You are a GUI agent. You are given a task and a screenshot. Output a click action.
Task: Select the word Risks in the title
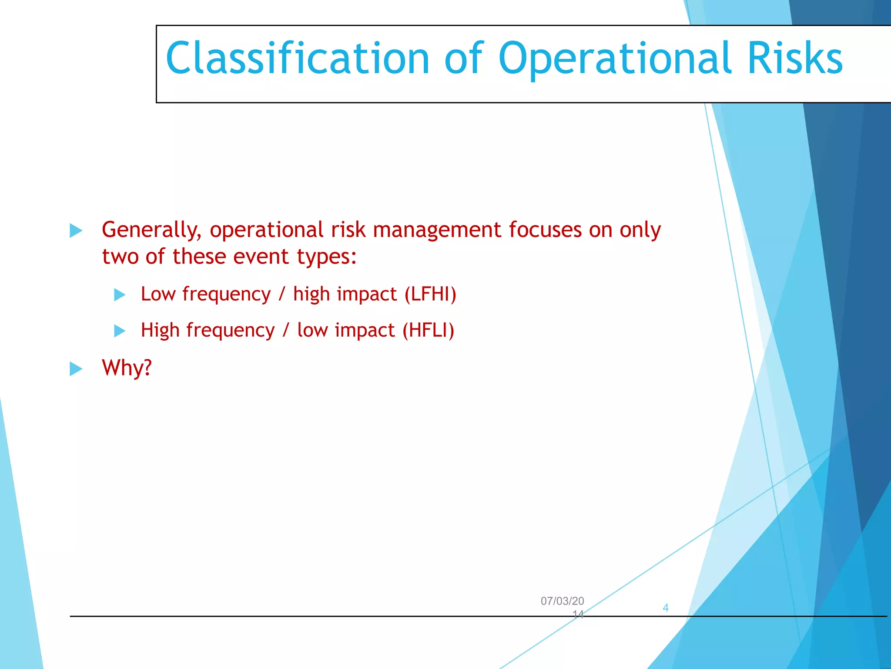795,59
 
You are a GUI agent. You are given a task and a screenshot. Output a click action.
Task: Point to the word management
437,230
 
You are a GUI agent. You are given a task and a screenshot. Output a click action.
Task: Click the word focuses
545,230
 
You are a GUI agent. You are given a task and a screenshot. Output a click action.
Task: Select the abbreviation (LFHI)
430,294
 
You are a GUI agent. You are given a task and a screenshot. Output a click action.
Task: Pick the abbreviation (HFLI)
428,330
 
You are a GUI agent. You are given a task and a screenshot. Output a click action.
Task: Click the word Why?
127,368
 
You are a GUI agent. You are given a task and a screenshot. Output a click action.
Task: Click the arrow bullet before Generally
76,230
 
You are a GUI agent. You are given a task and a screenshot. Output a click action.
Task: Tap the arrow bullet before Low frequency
120,295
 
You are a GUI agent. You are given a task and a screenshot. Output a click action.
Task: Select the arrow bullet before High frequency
120,331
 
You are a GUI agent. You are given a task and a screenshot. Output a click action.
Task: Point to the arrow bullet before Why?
76,369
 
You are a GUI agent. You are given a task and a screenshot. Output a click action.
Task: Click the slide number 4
665,608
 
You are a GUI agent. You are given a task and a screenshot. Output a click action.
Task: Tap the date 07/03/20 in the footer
562,601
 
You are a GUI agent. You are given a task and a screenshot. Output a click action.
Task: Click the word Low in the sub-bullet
158,294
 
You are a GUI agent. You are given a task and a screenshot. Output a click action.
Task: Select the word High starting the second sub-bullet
160,330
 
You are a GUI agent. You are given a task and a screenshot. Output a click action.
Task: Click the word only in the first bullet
640,230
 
